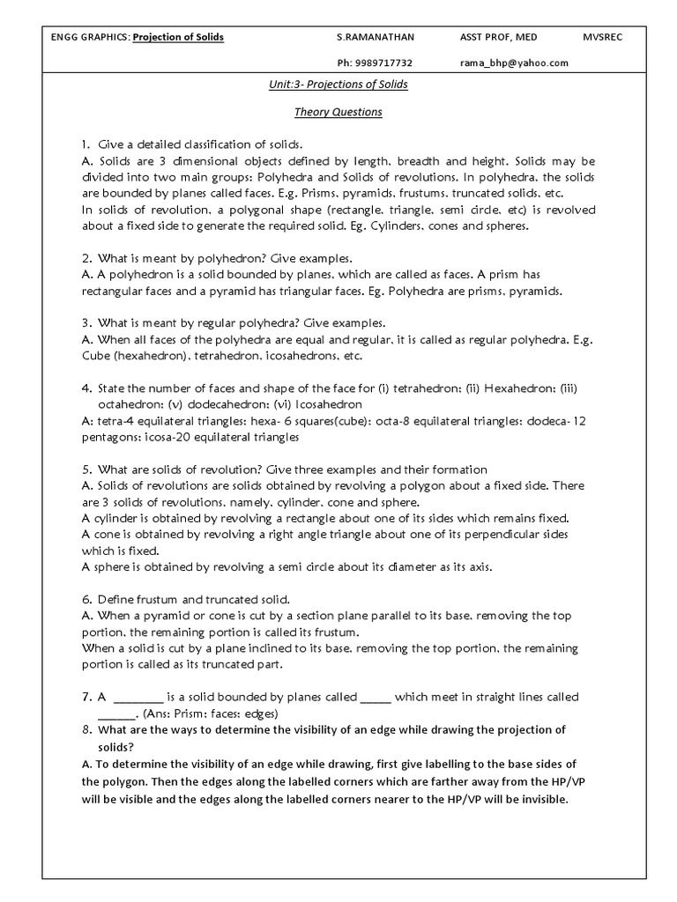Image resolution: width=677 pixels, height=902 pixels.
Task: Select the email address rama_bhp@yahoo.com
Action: (x=514, y=63)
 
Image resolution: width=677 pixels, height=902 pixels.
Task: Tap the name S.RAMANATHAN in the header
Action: (x=376, y=37)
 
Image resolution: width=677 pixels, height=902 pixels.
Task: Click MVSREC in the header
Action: (x=602, y=37)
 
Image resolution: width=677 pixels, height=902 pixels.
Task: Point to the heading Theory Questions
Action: (x=338, y=112)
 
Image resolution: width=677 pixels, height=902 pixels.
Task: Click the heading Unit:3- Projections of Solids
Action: (x=338, y=85)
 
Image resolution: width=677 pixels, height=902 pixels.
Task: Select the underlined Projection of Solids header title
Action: (x=178, y=37)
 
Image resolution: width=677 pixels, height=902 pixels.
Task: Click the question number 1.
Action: (x=86, y=144)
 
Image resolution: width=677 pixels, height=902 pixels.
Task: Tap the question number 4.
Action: (x=86, y=388)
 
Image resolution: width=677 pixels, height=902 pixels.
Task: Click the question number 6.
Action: (x=86, y=600)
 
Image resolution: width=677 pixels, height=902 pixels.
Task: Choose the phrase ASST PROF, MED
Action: (x=498, y=37)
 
